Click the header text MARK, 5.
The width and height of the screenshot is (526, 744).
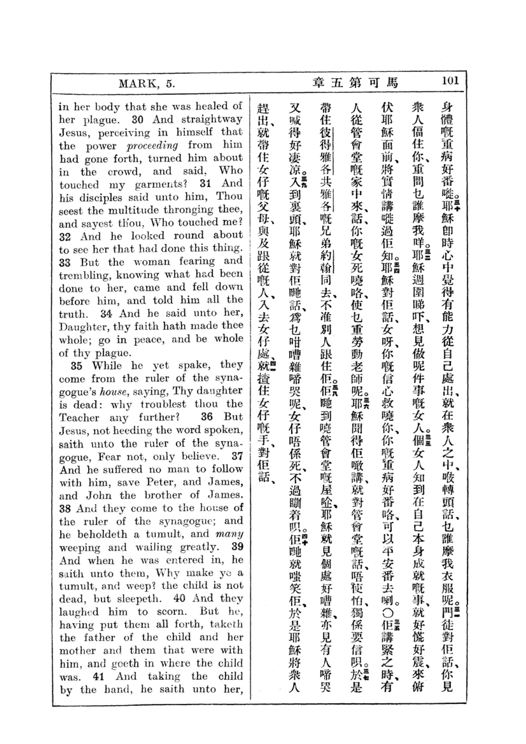point(147,84)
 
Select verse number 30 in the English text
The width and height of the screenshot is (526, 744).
point(138,120)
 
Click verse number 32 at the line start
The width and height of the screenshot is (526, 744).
point(65,237)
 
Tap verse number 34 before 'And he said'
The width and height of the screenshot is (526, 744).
point(106,314)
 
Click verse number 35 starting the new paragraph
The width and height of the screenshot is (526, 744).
point(76,366)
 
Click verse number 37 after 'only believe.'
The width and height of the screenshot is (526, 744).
point(237,456)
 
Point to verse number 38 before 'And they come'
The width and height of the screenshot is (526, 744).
point(65,509)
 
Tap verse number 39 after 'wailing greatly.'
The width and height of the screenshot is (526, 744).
point(237,547)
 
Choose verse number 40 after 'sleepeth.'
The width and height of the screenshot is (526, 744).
point(179,599)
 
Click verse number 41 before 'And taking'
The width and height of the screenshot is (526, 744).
point(98,677)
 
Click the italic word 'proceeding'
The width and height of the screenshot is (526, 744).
point(152,146)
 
